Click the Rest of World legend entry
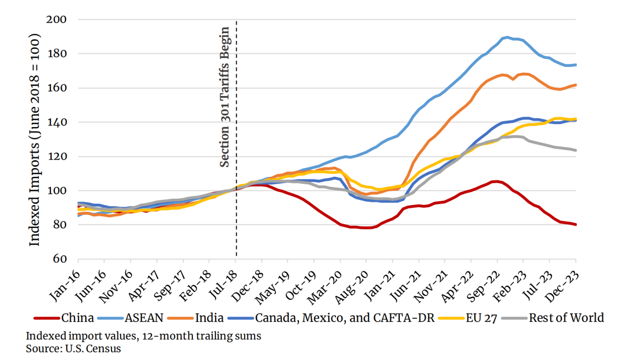click(564, 318)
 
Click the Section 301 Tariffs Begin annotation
click(224, 97)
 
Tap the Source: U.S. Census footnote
click(73, 349)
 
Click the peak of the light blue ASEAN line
click(507, 37)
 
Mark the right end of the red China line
click(576, 225)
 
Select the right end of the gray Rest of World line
click(576, 151)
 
